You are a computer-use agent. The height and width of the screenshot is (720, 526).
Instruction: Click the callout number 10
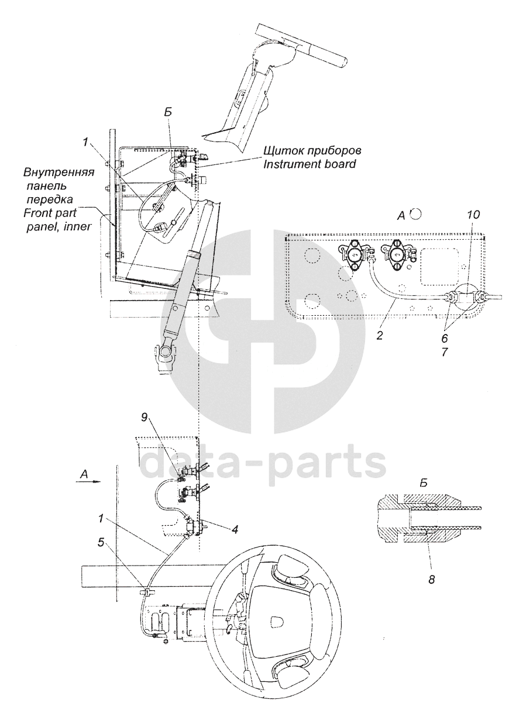[473, 215]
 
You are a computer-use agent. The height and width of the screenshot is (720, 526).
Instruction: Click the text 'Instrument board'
[308, 164]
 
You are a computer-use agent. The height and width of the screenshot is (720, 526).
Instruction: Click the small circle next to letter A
[416, 214]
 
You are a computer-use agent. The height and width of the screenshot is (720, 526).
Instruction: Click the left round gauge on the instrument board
[353, 256]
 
